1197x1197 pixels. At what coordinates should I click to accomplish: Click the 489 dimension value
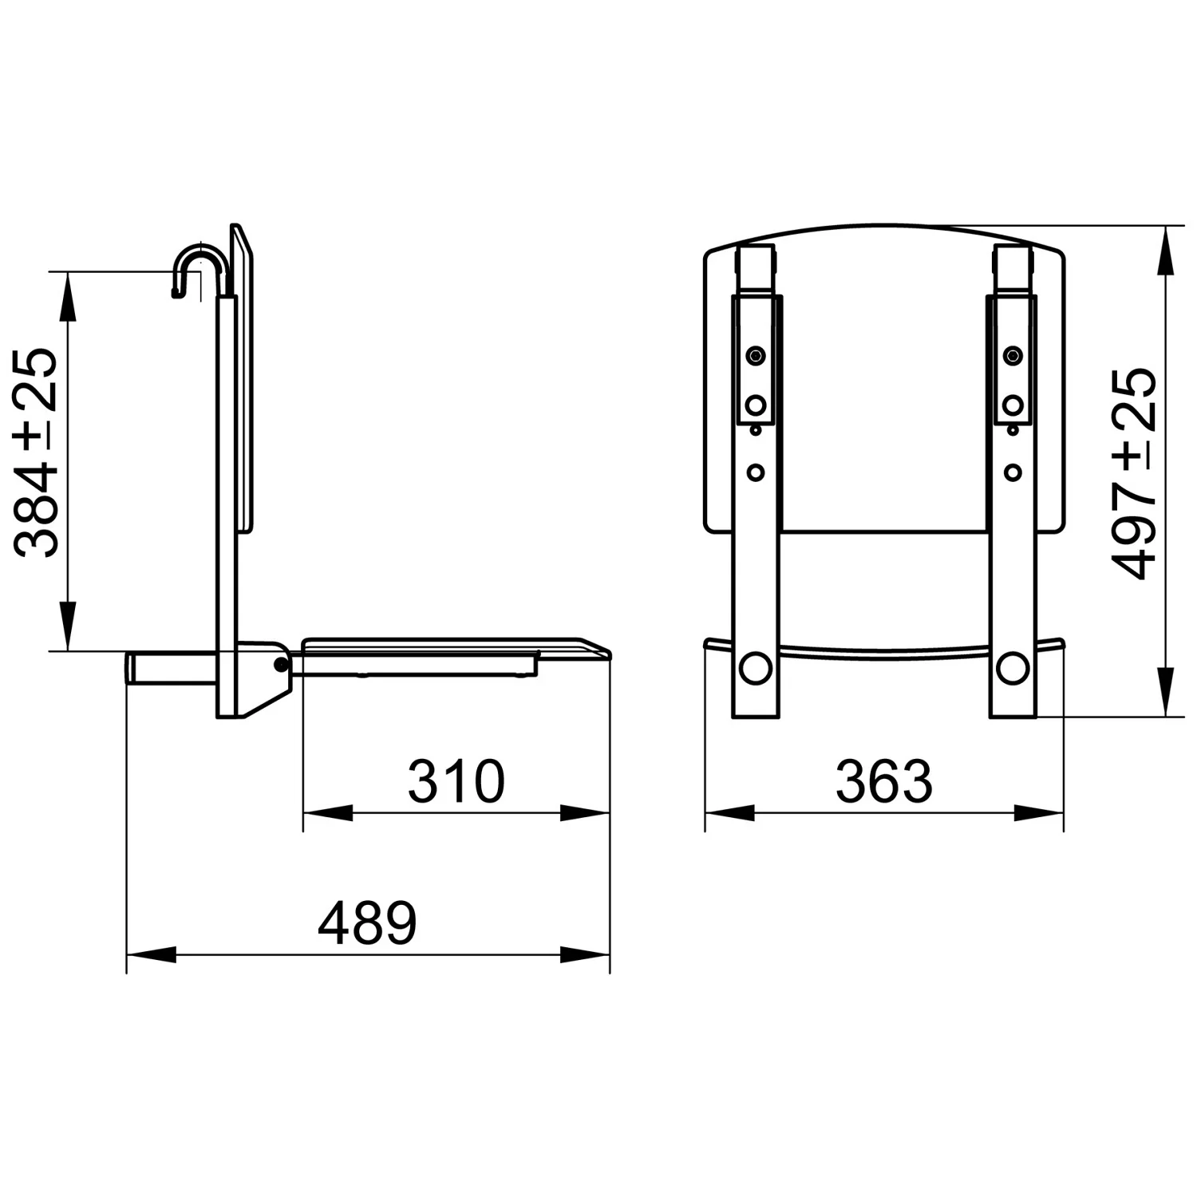[367, 923]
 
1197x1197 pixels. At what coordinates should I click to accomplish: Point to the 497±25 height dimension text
[1135, 472]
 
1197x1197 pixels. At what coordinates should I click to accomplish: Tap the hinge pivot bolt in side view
[281, 664]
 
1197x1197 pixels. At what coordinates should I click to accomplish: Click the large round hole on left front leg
[755, 667]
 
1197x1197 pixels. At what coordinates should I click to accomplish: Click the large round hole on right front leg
[1012, 667]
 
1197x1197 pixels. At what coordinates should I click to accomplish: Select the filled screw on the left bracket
[755, 356]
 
